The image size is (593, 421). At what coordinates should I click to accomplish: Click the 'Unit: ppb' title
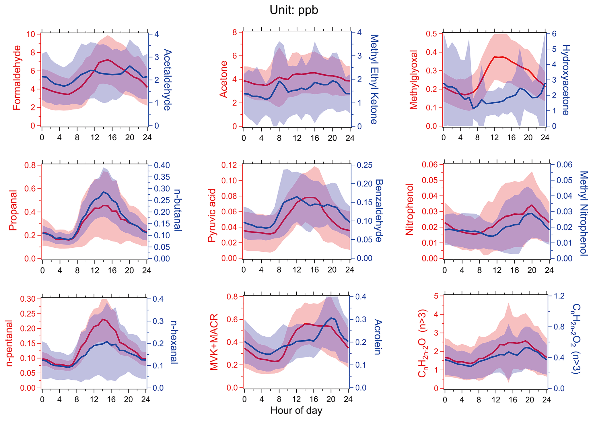point(294,10)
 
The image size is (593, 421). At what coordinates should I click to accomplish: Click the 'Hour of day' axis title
point(296,411)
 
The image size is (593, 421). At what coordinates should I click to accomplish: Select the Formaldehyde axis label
point(17,78)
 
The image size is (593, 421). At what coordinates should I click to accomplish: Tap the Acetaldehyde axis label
point(167,80)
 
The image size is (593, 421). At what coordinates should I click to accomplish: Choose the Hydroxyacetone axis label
point(565,80)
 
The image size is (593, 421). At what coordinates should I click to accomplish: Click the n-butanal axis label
point(178,210)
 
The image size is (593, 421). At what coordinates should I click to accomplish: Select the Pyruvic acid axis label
point(212,215)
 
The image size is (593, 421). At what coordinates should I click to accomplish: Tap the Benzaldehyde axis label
point(379,211)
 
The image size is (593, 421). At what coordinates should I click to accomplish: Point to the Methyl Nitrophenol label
point(584,213)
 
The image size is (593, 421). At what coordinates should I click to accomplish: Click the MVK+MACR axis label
point(214,342)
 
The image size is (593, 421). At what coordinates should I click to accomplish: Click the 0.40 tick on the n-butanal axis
point(162,165)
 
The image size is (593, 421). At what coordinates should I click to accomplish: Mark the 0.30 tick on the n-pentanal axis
point(28,299)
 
